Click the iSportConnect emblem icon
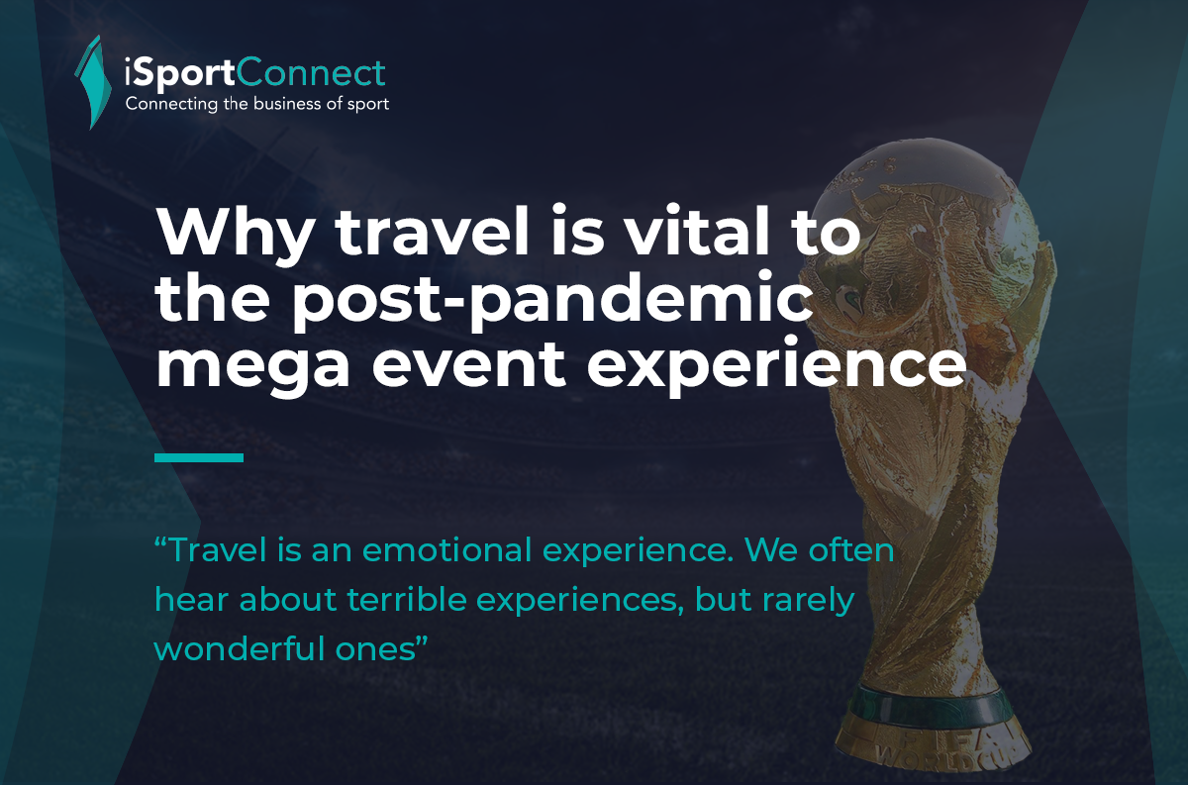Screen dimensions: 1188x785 point(93,82)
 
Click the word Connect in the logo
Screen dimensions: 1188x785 point(310,72)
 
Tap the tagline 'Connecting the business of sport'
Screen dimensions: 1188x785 point(257,104)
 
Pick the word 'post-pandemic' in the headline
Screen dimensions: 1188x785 point(550,300)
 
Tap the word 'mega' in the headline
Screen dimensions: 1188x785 point(252,367)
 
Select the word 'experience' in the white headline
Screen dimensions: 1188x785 point(776,365)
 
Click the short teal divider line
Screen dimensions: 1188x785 point(199,457)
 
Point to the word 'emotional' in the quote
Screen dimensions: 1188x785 point(446,549)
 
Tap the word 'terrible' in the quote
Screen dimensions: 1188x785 point(407,599)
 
